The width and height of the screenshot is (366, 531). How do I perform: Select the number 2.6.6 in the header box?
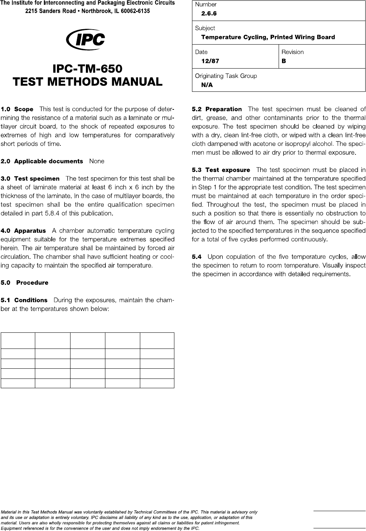[209, 13]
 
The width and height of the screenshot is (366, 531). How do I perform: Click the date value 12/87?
[210, 61]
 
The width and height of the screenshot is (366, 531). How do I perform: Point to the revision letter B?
[284, 61]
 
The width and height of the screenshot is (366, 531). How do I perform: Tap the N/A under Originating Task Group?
[207, 85]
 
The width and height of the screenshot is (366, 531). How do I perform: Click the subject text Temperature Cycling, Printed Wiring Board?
[268, 37]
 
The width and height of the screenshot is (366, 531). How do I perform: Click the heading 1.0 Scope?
[17, 109]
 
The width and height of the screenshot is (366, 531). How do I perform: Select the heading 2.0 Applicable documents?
[42, 162]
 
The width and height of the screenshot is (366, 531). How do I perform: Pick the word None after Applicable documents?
[97, 162]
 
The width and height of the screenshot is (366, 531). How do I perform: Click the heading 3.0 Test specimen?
[30, 179]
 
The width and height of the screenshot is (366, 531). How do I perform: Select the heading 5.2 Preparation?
[217, 109]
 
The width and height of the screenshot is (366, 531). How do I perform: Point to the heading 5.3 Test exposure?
[221, 170]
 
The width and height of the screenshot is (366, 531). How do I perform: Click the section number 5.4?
[196, 257]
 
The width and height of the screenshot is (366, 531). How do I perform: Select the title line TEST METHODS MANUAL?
[87, 81]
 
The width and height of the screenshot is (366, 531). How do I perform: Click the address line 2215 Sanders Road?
[87, 11]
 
